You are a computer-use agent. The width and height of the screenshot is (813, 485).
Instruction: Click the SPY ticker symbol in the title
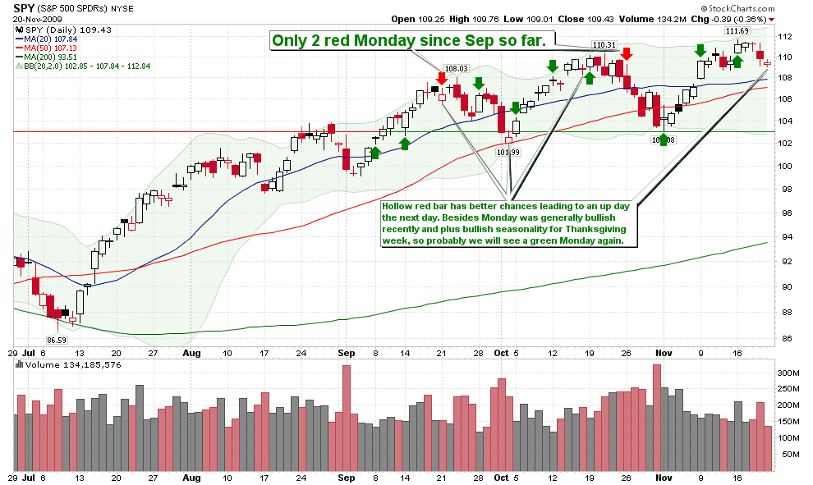pyautogui.click(x=25, y=7)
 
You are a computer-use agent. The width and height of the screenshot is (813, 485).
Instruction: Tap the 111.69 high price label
pyautogui.click(x=737, y=31)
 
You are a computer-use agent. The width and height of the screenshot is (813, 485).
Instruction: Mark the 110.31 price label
pyautogui.click(x=604, y=45)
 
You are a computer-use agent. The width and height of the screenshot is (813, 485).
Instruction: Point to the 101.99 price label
pyautogui.click(x=509, y=152)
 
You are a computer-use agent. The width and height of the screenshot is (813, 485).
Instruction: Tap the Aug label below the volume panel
pyautogui.click(x=191, y=477)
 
